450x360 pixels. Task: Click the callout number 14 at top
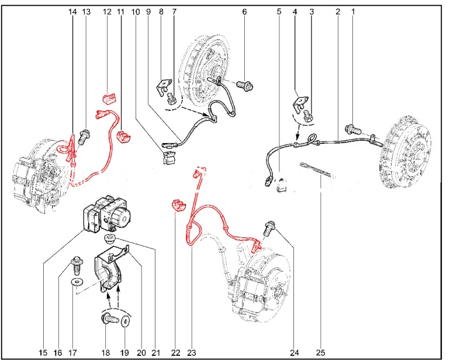pos(73,12)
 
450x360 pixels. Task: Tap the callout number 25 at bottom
pos(321,352)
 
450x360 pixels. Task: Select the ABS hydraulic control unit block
pos(107,213)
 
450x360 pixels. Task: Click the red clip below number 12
pos(109,98)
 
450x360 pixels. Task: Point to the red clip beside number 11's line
pos(123,136)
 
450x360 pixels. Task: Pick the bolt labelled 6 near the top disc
pos(245,85)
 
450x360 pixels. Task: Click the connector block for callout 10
pos(169,158)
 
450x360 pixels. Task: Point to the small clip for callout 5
pos(281,185)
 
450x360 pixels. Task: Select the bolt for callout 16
pos(77,265)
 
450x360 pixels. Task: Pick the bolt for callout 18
pos(110,319)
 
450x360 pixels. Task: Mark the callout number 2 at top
pos(338,12)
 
